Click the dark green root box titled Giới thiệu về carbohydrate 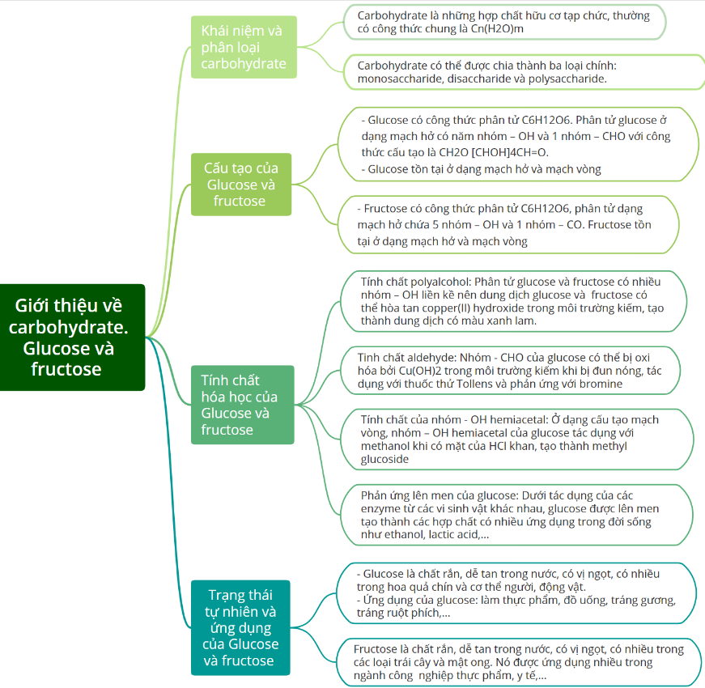coord(72,338)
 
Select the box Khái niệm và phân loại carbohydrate coord(244,47)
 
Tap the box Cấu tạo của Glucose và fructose coord(241,185)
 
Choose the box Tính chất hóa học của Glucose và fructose coord(242,405)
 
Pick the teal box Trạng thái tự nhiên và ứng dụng coord(240,628)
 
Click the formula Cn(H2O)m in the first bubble coord(497,29)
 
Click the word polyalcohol coord(442,282)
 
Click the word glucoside coord(384,459)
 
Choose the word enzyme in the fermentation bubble coord(380,508)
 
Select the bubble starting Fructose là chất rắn coord(520,662)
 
